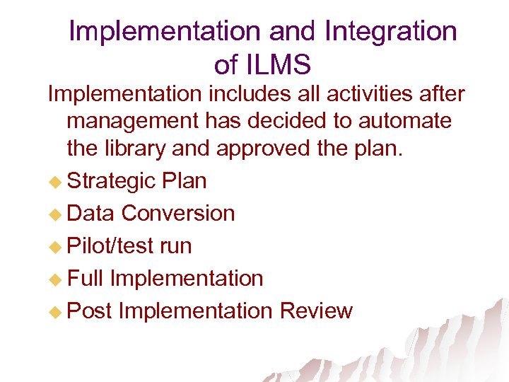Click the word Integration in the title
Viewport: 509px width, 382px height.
[390, 31]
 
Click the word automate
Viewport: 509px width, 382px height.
[405, 121]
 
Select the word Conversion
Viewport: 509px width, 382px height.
[178, 213]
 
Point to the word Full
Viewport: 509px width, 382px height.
[85, 278]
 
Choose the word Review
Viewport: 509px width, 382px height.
[316, 311]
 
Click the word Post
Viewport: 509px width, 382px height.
[90, 311]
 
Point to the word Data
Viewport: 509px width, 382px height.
[91, 213]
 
